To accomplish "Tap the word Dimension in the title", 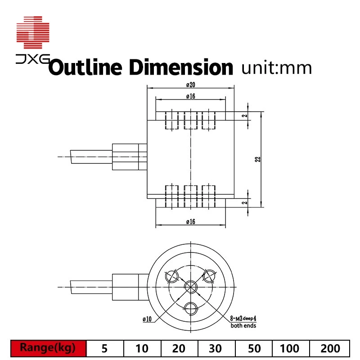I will (x=180, y=68).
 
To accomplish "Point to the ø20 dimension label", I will (x=190, y=85).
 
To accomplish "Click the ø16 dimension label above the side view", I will (x=190, y=96).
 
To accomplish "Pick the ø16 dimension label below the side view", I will (x=190, y=221).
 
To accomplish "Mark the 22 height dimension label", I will (x=258, y=159).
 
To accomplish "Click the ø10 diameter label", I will (x=147, y=319).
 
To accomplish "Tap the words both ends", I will (x=243, y=325).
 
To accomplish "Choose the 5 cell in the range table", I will (x=105, y=348).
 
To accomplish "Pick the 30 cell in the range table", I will (x=215, y=348).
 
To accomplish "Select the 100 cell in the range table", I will (x=289, y=348).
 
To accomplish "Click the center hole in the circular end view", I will (x=190, y=287).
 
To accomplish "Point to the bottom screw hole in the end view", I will (x=190, y=308).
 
